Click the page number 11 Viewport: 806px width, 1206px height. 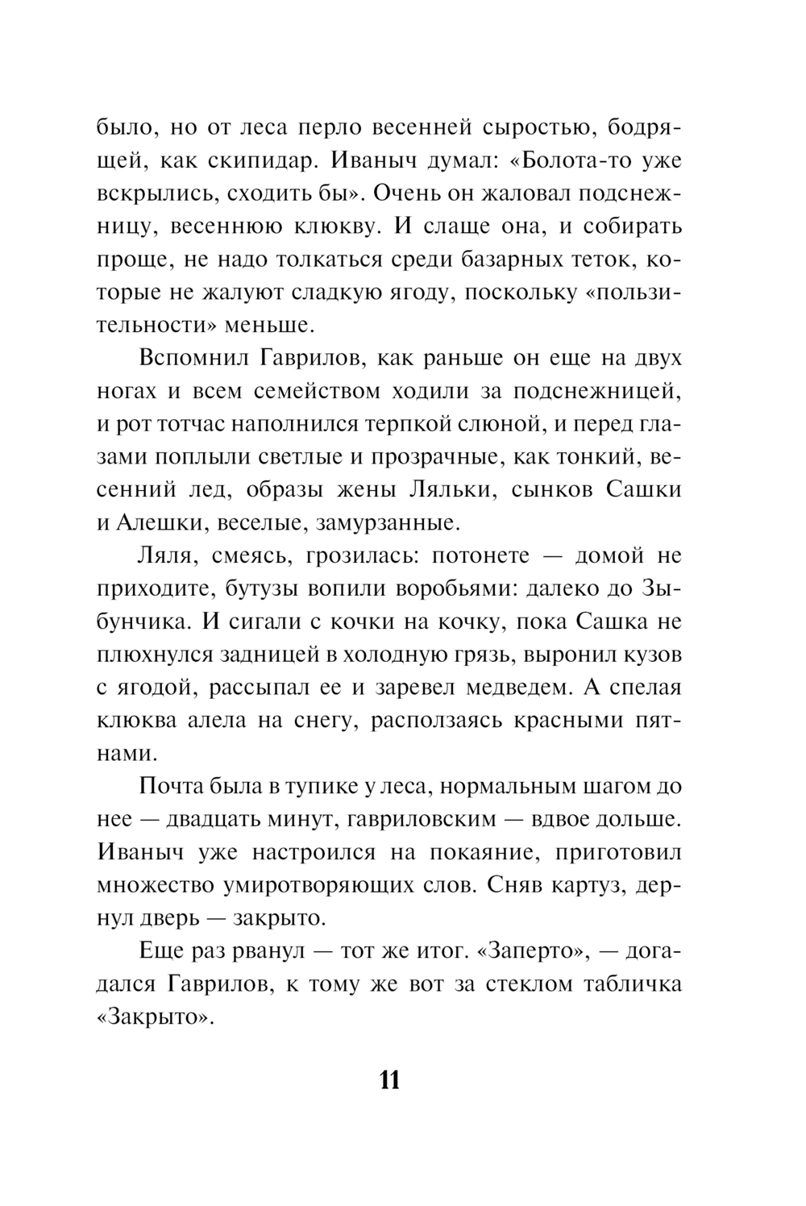[x=389, y=1079]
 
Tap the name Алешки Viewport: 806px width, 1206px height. [x=165, y=523]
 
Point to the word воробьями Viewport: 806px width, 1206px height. [x=451, y=588]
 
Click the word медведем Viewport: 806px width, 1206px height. [x=513, y=688]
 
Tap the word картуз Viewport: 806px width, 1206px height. [x=588, y=885]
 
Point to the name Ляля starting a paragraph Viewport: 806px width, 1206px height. [x=168, y=556]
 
